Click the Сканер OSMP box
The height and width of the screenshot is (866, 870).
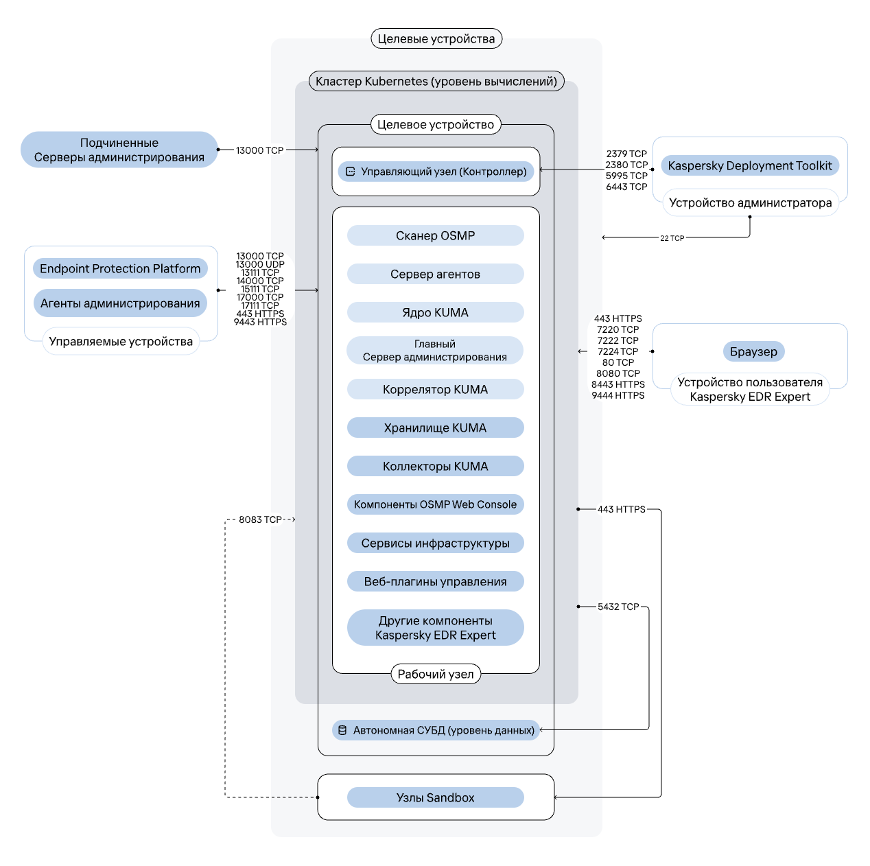pyautogui.click(x=434, y=235)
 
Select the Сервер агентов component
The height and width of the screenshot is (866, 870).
pyautogui.click(x=434, y=273)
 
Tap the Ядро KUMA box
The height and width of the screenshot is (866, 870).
pyautogui.click(x=434, y=312)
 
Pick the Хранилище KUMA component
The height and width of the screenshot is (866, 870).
pyautogui.click(x=434, y=427)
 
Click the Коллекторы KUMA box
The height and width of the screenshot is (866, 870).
pyautogui.click(x=434, y=465)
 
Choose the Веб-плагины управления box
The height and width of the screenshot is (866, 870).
pyautogui.click(x=434, y=581)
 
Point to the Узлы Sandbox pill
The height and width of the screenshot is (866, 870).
pyautogui.click(x=434, y=796)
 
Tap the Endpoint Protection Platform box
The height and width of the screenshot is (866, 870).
pyautogui.click(x=119, y=268)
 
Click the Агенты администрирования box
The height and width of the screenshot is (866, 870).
pyautogui.click(x=119, y=303)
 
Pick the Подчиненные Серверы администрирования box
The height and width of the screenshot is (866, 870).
pyautogui.click(x=119, y=150)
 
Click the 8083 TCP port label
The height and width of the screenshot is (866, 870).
pyautogui.click(x=259, y=519)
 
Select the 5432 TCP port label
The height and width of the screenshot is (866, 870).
pyautogui.click(x=618, y=606)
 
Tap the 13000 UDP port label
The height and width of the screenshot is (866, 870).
pyautogui.click(x=259, y=264)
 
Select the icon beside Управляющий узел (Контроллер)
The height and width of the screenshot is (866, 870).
pyautogui.click(x=349, y=172)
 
